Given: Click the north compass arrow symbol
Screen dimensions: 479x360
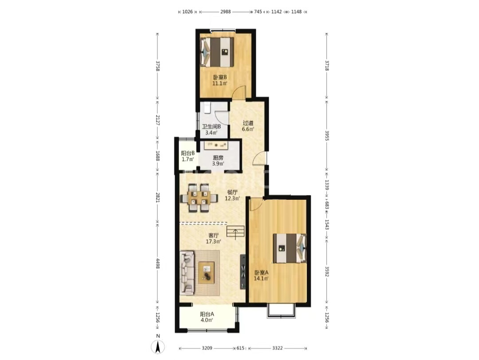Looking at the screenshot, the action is pyautogui.click(x=158, y=347).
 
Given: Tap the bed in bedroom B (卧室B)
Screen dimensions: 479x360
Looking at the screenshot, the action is pyautogui.click(x=217, y=52).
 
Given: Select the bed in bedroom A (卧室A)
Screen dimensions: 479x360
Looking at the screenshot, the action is pyautogui.click(x=290, y=248).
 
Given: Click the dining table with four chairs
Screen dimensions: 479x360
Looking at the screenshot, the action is pyautogui.click(x=199, y=198).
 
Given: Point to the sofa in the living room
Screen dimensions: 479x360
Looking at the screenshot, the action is pyautogui.click(x=187, y=273).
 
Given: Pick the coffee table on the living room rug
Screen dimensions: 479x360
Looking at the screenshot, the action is pyautogui.click(x=207, y=273).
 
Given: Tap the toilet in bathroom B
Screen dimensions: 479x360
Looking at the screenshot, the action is pyautogui.click(x=207, y=108).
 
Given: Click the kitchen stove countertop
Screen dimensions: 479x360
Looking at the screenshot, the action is pyautogui.click(x=216, y=145).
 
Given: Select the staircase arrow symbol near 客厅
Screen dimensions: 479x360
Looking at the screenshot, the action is pyautogui.click(x=236, y=234).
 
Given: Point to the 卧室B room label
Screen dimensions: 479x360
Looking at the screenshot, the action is pyautogui.click(x=220, y=77).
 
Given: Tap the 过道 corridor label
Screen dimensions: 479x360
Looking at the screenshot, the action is pyautogui.click(x=248, y=123).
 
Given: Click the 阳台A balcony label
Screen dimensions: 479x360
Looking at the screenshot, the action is pyautogui.click(x=207, y=314).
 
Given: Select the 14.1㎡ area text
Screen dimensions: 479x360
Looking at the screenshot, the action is pyautogui.click(x=261, y=278).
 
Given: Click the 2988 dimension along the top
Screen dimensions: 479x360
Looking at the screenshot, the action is pyautogui.click(x=225, y=12).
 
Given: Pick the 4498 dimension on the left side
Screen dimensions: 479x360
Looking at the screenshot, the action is pyautogui.click(x=157, y=264).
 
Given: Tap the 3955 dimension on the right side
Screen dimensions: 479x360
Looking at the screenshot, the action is pyautogui.click(x=326, y=135).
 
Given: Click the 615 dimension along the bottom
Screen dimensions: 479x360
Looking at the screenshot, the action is pyautogui.click(x=240, y=348).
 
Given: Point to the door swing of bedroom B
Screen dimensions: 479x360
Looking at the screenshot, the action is pyautogui.click(x=239, y=92).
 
